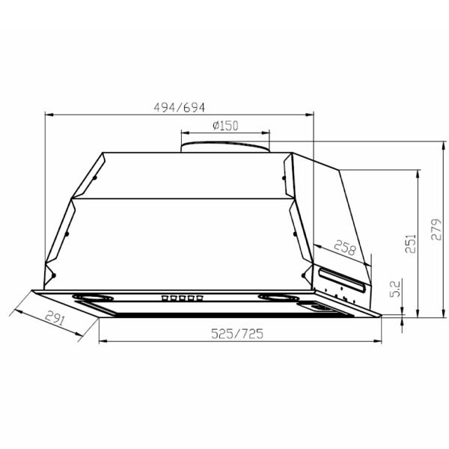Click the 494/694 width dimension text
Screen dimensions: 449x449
(x=180, y=107)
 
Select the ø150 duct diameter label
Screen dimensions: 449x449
(x=225, y=126)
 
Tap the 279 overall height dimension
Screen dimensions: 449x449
(x=436, y=230)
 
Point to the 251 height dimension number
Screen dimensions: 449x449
(x=410, y=243)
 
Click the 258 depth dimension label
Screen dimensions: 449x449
(x=346, y=248)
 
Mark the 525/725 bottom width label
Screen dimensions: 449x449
(x=237, y=334)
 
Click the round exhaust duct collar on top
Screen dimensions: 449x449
(x=225, y=147)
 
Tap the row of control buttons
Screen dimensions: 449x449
(x=182, y=299)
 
